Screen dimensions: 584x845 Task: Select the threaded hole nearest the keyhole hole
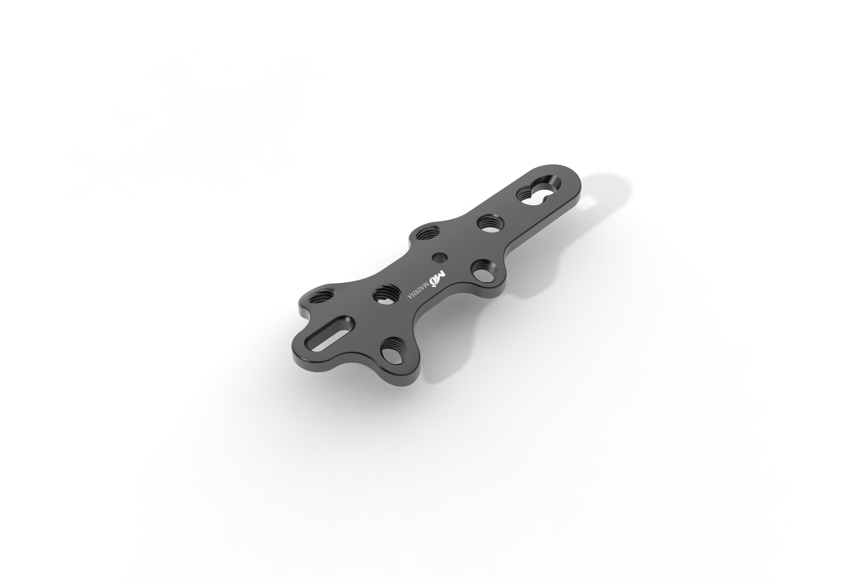(x=487, y=223)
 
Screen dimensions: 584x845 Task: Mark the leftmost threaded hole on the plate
(x=320, y=296)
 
